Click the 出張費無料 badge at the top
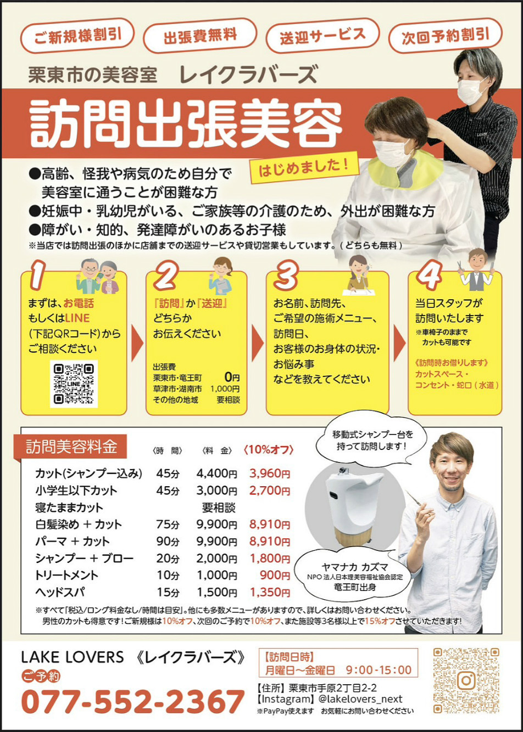(200, 36)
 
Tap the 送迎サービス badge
(323, 36)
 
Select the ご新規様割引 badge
(77, 36)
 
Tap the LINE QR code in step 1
(74, 384)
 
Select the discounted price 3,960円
(270, 474)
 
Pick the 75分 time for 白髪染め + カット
(168, 525)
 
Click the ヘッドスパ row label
(60, 592)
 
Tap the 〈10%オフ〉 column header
(268, 450)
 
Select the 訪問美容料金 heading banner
(71, 447)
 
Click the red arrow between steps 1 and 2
(137, 343)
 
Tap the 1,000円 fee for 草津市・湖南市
(225, 389)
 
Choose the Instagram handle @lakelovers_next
(360, 699)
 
